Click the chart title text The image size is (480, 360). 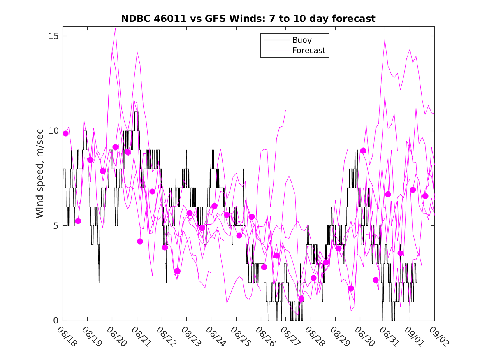pyautogui.click(x=248, y=19)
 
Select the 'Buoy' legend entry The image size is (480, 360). pyautogui.click(x=302, y=40)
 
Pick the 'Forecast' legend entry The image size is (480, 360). pyautogui.click(x=308, y=51)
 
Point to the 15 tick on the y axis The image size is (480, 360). pyautogui.click(x=53, y=36)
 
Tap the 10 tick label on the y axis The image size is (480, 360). pyautogui.click(x=53, y=131)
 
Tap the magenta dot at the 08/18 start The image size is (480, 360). pyautogui.click(x=65, y=133)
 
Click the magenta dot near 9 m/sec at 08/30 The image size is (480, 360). pyautogui.click(x=363, y=151)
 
